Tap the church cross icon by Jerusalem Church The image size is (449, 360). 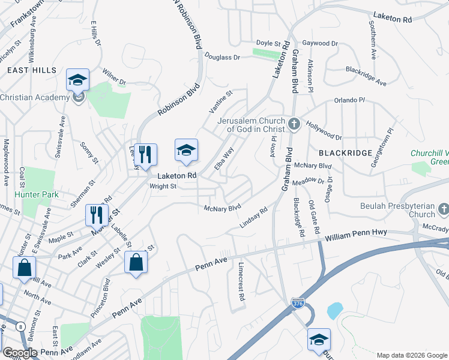[x=294, y=124]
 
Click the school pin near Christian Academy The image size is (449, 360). [x=77, y=80]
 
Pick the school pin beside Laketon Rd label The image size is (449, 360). [x=186, y=151]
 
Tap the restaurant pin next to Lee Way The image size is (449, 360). [x=145, y=155]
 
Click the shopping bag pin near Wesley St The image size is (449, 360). [x=136, y=263]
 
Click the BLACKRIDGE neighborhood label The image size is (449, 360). [x=345, y=153]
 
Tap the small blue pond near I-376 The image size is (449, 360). [x=334, y=311]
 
